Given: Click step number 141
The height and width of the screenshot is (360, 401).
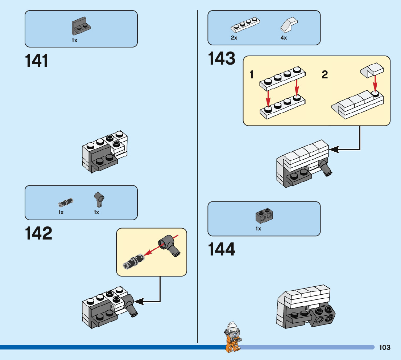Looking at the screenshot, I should point(37,61).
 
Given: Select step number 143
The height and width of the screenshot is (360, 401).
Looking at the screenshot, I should point(222,59).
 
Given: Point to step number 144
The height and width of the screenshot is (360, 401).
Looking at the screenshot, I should point(222,250).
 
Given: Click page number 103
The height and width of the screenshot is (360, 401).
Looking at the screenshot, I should point(385,347).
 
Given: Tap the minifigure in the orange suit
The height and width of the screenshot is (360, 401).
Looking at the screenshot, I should point(232,337).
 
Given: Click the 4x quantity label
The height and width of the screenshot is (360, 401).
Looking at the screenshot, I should point(284,38).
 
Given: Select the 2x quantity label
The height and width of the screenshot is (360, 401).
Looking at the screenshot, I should point(234,38).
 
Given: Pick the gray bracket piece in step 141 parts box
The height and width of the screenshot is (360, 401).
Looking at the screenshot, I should point(80,26).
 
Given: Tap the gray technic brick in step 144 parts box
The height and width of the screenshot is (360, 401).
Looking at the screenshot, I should point(264,217).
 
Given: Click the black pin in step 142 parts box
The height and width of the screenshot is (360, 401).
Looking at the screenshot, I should point(66,201).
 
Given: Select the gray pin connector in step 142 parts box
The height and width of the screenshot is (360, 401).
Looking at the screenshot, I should point(98,198).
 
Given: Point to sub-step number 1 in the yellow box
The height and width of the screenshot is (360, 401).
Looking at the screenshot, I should point(252,75).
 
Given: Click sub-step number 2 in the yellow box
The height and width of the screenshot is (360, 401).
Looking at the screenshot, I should point(324,75).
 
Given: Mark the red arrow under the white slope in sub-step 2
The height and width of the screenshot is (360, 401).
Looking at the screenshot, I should point(375,82).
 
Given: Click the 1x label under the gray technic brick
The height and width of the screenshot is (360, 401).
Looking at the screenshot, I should point(258,229).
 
